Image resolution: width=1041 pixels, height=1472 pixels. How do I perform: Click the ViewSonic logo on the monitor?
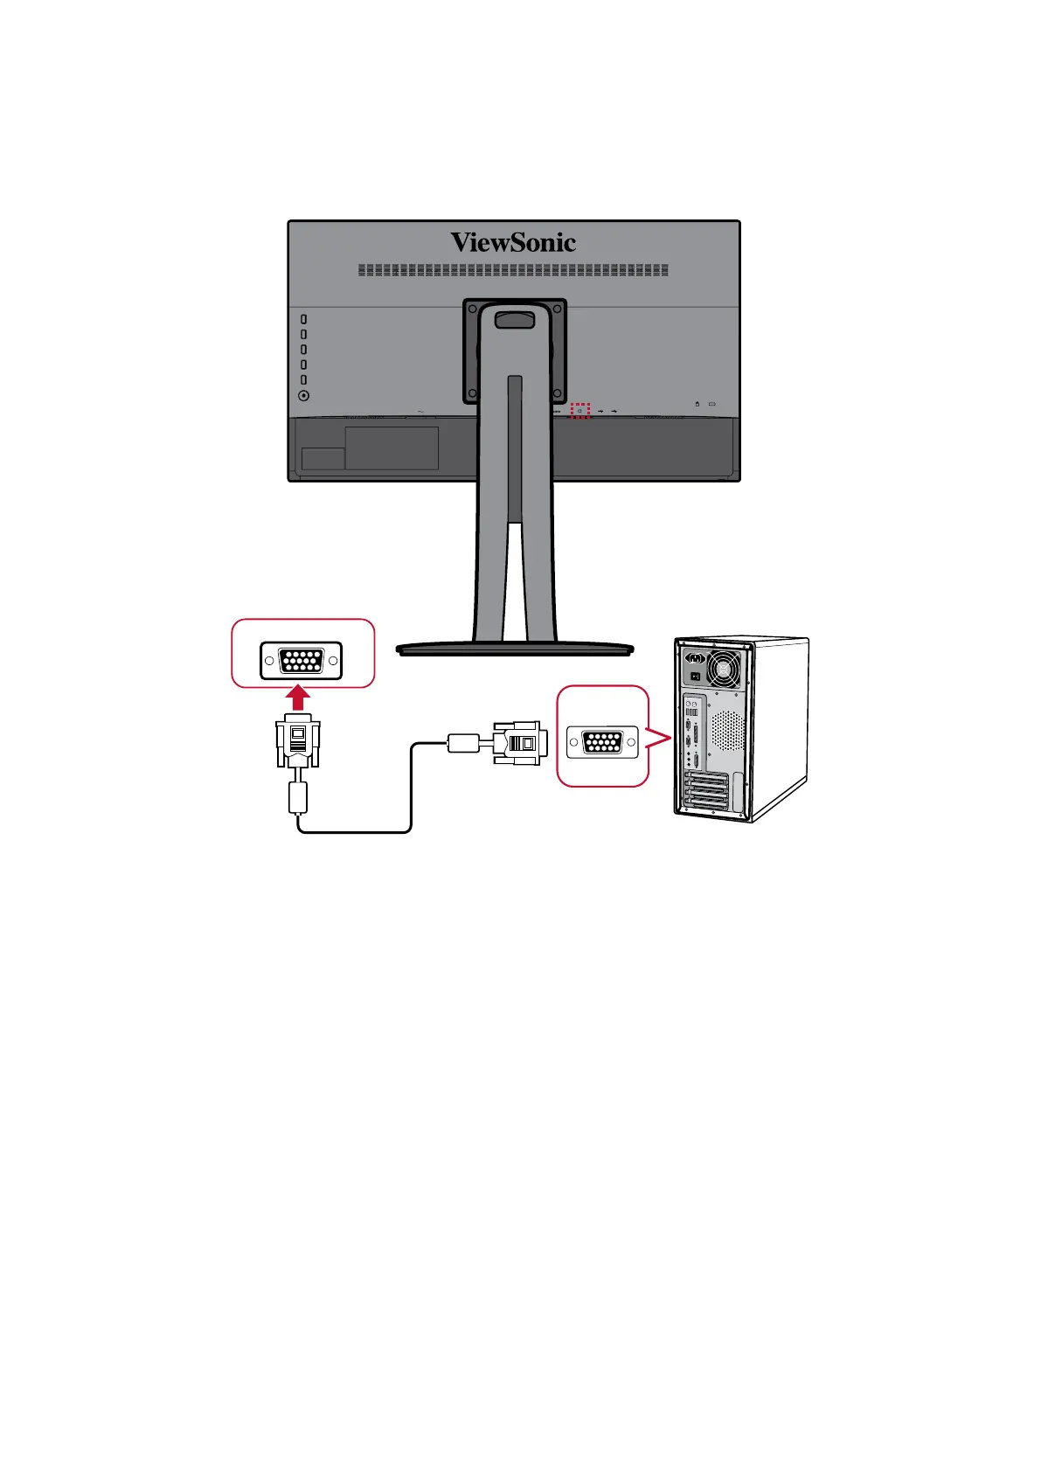(x=513, y=242)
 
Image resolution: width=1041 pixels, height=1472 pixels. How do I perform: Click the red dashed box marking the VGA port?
(x=580, y=410)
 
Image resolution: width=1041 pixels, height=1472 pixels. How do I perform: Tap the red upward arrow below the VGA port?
(x=299, y=698)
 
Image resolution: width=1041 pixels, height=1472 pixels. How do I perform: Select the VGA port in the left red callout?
(x=301, y=661)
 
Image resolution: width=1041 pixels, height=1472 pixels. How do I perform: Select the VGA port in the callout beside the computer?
(x=602, y=743)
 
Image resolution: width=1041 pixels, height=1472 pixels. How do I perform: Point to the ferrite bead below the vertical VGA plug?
(x=298, y=798)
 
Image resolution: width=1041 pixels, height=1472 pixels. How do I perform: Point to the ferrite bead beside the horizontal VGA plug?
(x=462, y=743)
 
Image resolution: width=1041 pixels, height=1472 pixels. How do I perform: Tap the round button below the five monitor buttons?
(x=304, y=395)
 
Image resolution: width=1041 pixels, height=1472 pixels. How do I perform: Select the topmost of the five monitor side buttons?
(x=304, y=320)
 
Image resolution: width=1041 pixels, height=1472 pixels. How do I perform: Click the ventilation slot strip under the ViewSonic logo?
(x=513, y=271)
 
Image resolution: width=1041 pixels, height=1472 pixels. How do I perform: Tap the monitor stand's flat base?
(x=514, y=649)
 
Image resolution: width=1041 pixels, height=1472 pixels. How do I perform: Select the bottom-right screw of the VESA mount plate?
(x=556, y=393)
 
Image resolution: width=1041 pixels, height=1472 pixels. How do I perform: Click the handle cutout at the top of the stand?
(x=514, y=319)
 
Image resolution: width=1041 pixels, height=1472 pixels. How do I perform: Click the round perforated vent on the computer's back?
(x=728, y=731)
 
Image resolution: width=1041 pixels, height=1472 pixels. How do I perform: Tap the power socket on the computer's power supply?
(x=696, y=659)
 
